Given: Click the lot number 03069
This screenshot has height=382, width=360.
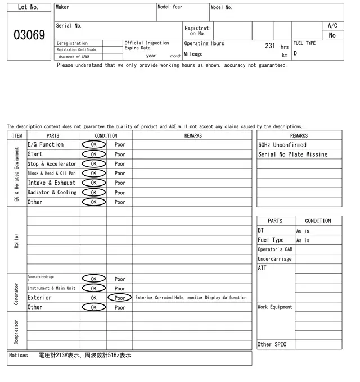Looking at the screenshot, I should [x=29, y=35].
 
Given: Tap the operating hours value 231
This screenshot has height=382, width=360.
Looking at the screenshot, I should [x=269, y=46].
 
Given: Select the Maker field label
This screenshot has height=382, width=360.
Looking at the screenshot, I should [x=62, y=7].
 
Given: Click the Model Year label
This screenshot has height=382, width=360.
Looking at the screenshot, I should [x=170, y=7].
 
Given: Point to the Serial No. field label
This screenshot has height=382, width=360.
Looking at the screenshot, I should [x=69, y=26].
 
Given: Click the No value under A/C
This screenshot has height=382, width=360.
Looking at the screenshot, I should [x=332, y=35].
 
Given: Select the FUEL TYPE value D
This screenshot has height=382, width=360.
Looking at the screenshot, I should [x=295, y=54].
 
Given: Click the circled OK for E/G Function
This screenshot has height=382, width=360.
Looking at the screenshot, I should [x=93, y=145].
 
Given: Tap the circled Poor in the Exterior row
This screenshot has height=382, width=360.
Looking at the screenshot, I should [x=120, y=298].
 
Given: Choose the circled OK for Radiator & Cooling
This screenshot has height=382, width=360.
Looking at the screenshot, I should [x=93, y=193].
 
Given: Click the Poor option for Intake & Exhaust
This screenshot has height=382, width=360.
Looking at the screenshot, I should [x=120, y=183].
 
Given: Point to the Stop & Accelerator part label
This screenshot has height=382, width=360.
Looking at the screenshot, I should [x=52, y=164].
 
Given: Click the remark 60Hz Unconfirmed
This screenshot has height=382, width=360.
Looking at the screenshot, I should [x=282, y=145].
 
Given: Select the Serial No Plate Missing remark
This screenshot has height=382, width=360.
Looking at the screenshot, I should [x=292, y=154].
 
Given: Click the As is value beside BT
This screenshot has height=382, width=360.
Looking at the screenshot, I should [x=303, y=231].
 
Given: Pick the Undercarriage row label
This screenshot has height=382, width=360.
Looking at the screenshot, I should [x=274, y=259].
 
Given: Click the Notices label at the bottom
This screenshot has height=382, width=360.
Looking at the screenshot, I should [x=18, y=356].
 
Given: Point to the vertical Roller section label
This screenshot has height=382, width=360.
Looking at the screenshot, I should [x=16, y=240].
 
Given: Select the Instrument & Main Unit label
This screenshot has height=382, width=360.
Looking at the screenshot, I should [x=51, y=288].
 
